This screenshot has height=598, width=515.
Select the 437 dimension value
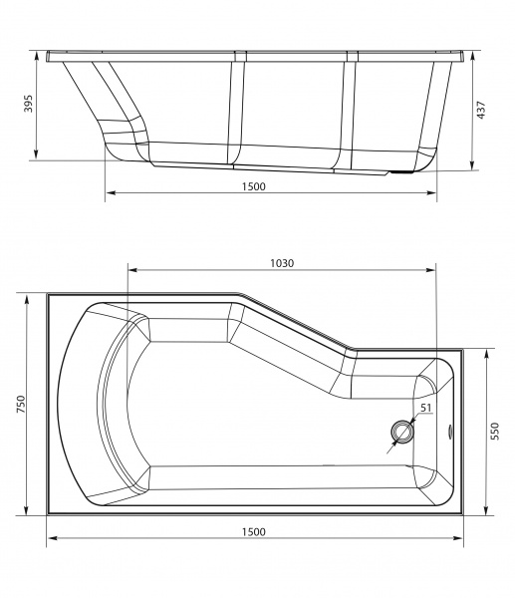[x=481, y=111]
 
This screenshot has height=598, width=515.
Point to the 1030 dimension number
[x=282, y=262]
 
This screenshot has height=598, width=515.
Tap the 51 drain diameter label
[x=425, y=408]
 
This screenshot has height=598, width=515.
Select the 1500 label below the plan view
[x=253, y=532]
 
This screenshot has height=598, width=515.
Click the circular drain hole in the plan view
[x=402, y=432]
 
